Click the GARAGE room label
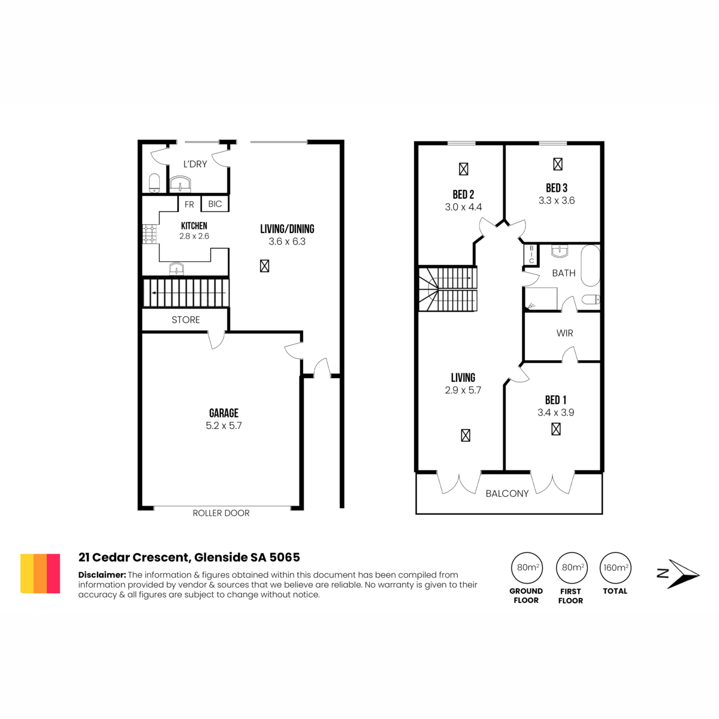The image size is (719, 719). click(x=223, y=413)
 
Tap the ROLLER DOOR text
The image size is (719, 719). click(x=221, y=513)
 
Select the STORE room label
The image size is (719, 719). click(x=185, y=320)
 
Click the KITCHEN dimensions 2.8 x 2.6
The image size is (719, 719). click(x=194, y=236)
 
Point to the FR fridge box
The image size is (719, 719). click(x=189, y=204)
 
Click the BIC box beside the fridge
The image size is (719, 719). click(x=215, y=204)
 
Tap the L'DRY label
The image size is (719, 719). click(x=195, y=164)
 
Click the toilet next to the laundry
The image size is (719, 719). click(x=155, y=183)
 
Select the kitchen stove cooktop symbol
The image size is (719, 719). click(x=150, y=234)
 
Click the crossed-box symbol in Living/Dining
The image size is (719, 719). click(x=265, y=266)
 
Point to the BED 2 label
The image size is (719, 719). click(x=463, y=194)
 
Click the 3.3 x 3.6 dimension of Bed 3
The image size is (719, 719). click(x=556, y=200)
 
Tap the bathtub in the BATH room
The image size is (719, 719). click(x=590, y=265)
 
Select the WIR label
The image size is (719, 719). click(x=564, y=333)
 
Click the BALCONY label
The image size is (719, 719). click(x=507, y=493)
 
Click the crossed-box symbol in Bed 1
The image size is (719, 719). click(x=556, y=429)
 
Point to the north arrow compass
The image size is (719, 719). click(x=678, y=574)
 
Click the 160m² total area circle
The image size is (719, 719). click(x=615, y=567)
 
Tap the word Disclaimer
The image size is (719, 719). click(x=101, y=575)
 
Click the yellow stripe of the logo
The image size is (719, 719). click(x=27, y=573)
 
